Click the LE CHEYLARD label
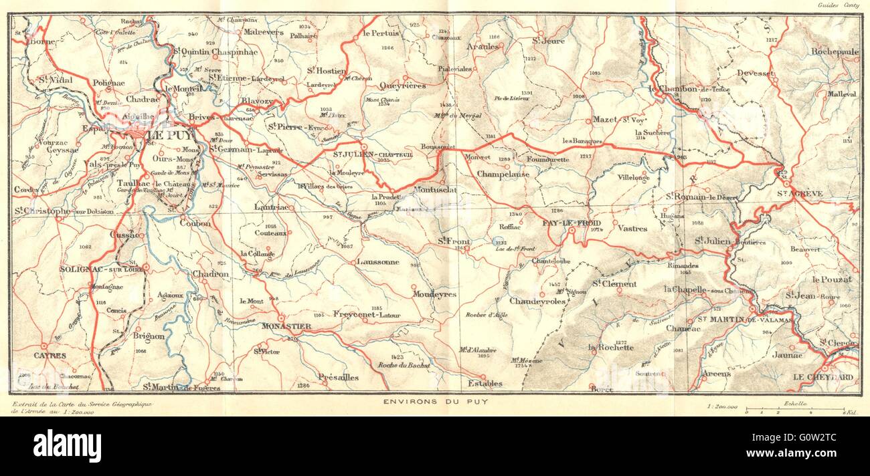[822, 377]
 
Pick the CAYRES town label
[50, 356]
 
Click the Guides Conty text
[838, 5]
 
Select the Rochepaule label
[834, 51]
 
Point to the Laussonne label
[377, 262]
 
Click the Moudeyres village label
[434, 294]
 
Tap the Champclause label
[503, 174]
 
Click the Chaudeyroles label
[537, 301]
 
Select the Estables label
[485, 383]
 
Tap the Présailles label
[339, 376]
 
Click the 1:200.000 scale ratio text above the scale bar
[722, 406]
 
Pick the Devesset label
[755, 73]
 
